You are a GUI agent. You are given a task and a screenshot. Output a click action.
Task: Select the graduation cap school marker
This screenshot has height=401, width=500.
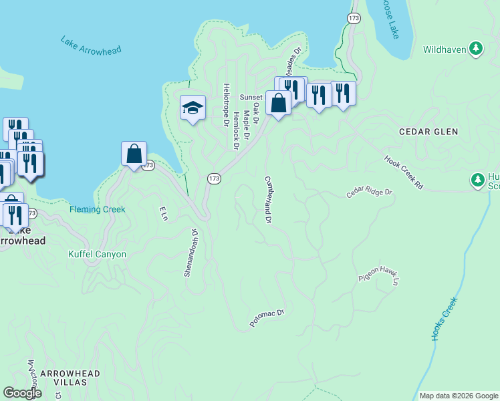coord(192,108)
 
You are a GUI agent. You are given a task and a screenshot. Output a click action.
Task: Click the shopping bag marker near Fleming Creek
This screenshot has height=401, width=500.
coord(134,154)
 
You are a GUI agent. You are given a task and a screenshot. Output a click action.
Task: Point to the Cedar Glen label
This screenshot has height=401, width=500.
coord(428,132)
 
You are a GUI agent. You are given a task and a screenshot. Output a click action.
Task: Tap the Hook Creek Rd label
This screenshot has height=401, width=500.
coord(404,172)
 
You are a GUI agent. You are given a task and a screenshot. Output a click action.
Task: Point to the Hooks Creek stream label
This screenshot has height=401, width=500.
coord(444,319)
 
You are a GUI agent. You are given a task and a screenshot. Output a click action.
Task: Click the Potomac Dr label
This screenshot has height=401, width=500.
coord(267,317)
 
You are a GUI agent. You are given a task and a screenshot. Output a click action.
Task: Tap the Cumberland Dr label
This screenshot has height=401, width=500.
coord(268,199)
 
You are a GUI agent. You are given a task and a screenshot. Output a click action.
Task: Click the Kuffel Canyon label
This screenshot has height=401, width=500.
coord(97,255)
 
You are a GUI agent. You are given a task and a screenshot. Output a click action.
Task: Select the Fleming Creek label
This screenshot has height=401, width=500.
coord(98,209)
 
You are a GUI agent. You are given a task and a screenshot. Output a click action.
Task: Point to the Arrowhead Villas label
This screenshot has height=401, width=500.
coord(70,378)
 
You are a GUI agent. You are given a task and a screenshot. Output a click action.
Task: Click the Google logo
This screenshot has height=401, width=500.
coord(23,394)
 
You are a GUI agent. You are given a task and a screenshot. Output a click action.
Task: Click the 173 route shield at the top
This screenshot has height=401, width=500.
coord(354,18)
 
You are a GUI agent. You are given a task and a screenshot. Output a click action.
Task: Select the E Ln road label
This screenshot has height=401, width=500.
coord(162,214)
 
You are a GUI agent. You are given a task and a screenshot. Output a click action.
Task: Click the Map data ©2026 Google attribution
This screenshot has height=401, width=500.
coord(459,396)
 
